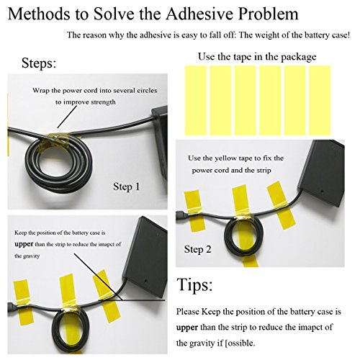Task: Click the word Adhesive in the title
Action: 199,13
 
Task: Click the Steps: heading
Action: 39,63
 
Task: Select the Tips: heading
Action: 194,285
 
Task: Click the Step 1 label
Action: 126,186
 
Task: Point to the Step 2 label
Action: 197,249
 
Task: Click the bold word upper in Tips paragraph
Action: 187,328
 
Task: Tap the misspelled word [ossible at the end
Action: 240,343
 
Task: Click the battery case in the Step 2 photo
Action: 321,173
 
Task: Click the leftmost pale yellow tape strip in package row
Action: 196,101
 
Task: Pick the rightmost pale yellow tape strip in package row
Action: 320,101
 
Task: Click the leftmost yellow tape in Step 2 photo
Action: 194,211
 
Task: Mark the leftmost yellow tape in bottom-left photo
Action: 23,303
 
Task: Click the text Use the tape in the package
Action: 257,57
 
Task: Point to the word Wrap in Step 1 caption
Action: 41,91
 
